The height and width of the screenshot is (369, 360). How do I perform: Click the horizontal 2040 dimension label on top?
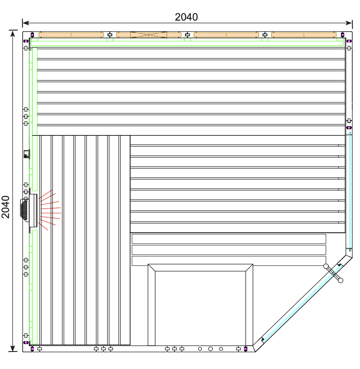pyautogui.click(x=186, y=17)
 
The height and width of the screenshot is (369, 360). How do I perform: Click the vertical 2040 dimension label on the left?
pyautogui.click(x=5, y=207)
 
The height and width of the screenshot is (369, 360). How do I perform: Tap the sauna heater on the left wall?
pyautogui.click(x=29, y=211)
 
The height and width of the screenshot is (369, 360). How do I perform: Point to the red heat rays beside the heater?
pyautogui.click(x=50, y=210)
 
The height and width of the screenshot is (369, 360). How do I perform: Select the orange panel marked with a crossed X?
pyautogui.click(x=149, y=35)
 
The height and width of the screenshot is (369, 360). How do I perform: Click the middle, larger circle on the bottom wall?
pyautogui.click(x=210, y=349)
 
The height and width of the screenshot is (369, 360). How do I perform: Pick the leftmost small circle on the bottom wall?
pyautogui.click(x=200, y=349)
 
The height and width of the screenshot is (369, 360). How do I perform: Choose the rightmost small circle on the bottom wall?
pyautogui.click(x=221, y=349)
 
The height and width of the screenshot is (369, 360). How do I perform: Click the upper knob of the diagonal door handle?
pyautogui.click(x=326, y=266)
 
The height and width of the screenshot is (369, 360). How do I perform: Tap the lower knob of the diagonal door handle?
pyautogui.click(x=341, y=280)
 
